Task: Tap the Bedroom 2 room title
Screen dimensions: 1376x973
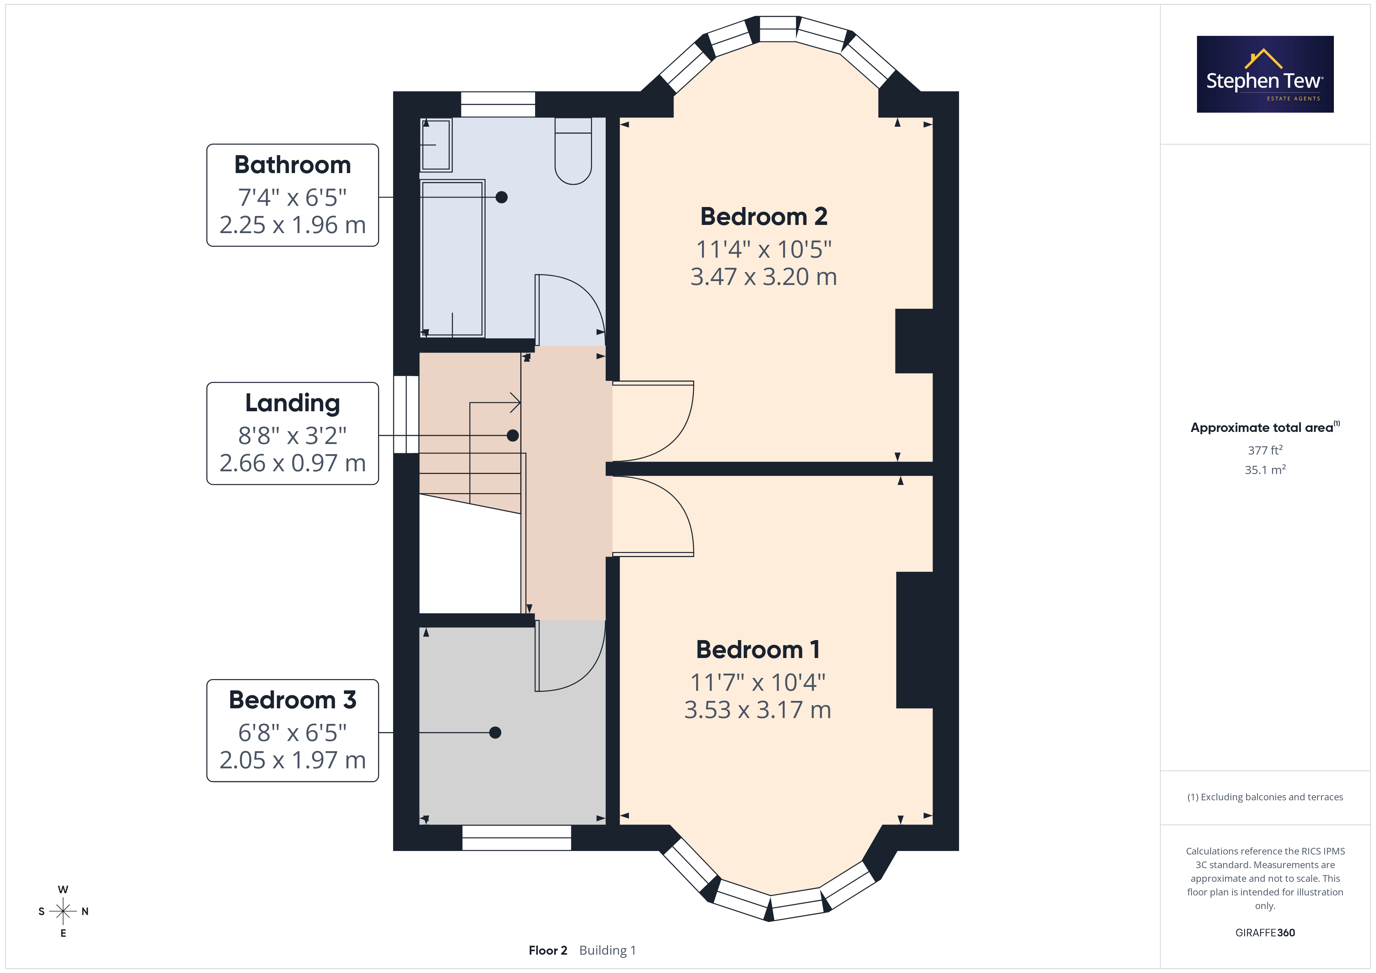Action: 764,216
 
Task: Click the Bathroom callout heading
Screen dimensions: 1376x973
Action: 293,165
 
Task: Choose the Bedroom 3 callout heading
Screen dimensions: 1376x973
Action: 293,700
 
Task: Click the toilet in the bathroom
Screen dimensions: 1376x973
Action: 573,151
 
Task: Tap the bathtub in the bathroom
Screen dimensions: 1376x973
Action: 452,258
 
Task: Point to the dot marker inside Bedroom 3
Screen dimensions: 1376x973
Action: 495,732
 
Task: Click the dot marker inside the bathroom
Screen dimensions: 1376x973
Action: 502,197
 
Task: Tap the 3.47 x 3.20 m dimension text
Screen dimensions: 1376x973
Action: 764,277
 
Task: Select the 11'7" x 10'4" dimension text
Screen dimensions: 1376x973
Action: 757,683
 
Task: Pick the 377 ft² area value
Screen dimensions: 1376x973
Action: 1265,450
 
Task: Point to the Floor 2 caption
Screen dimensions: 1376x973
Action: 548,950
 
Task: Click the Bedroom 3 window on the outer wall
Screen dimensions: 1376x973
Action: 517,838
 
